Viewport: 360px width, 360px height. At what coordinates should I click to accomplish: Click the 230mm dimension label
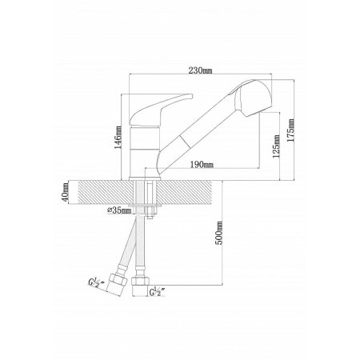200,70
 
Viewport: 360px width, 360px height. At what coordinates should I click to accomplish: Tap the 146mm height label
118,138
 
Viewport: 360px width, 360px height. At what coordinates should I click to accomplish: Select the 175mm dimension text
290,130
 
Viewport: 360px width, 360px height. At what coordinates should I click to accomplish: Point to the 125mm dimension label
276,146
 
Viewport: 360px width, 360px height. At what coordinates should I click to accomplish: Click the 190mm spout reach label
202,164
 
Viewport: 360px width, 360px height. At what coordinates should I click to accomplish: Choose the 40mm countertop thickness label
66,192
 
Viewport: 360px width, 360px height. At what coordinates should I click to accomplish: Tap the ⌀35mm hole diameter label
119,210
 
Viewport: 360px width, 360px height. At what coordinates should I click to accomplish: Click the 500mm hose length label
218,233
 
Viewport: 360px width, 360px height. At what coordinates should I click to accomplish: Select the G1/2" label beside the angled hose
97,283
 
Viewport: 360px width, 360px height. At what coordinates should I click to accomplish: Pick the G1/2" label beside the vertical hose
157,292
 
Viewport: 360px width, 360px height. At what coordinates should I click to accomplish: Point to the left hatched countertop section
106,192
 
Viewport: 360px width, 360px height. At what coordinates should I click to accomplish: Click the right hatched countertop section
184,192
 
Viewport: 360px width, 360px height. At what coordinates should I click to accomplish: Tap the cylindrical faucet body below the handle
145,151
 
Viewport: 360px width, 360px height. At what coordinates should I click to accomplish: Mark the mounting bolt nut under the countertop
150,212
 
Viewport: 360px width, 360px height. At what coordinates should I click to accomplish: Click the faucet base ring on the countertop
145,178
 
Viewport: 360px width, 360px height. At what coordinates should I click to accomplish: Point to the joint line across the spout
185,141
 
